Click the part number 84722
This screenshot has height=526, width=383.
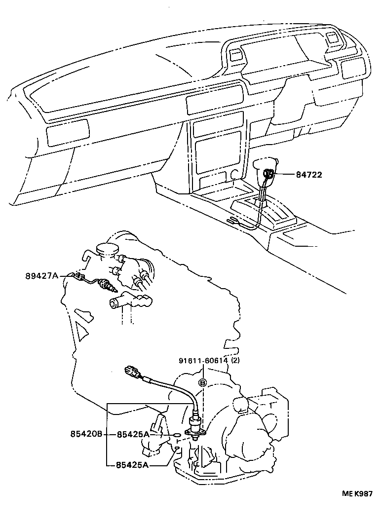pos(309,174)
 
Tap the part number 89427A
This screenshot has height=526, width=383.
pos(42,276)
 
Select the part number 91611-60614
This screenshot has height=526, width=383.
pos(203,361)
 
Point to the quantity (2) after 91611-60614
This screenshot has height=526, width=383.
pos(235,361)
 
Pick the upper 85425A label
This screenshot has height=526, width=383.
pos(133,434)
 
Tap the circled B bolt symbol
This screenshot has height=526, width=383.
pos(202,382)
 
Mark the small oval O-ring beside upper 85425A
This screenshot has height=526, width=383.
pos(177,435)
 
